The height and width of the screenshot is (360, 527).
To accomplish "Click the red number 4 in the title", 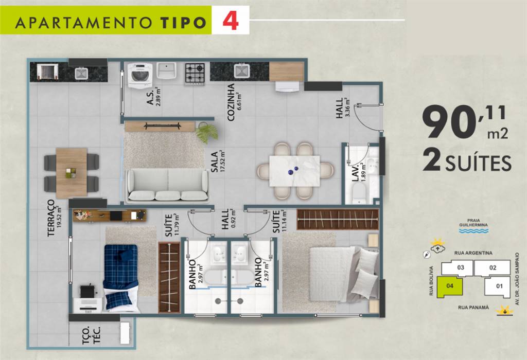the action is coord(231,20).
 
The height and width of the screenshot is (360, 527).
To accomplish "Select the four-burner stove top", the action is coord(195,74).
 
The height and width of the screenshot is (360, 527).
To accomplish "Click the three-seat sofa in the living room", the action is coord(167,185).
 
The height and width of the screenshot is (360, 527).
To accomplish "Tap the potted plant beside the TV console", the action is coord(206,132).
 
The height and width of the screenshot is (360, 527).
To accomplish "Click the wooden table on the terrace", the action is coord(72,173).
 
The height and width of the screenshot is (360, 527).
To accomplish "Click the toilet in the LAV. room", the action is coord(359,194).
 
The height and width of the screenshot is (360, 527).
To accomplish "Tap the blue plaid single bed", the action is coord(121,277).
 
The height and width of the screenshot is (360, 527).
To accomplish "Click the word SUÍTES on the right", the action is coord(478,164).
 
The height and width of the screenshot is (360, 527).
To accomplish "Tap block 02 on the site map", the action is coord(493,267).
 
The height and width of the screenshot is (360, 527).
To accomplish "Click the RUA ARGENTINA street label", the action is coord(473,253).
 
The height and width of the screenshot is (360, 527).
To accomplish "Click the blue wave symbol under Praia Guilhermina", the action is coord(473,231).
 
